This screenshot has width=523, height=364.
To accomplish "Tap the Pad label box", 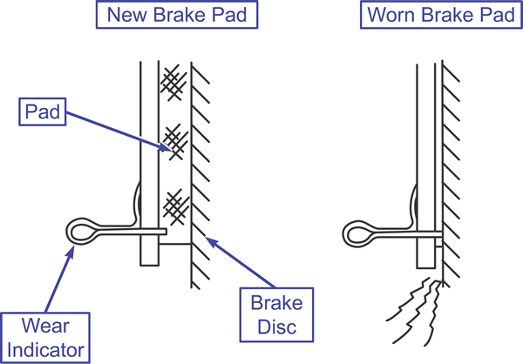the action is coord(43,111).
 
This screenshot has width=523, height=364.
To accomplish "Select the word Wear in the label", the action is coord(45,326).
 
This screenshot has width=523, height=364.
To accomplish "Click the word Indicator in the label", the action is coord(45,350).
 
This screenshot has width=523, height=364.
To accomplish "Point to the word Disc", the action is coord(277,327).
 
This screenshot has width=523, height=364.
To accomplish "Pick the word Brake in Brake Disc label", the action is coord(277,303).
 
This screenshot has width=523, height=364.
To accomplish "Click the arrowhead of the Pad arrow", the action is coord(165,147).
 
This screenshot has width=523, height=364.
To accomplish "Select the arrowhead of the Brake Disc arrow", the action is coord(211,241).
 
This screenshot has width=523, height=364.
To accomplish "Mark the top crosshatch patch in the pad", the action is coord(173,83).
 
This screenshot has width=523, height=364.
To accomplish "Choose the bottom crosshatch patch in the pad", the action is coord(176,206).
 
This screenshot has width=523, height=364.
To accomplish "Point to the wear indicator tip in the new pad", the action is coord(166,232).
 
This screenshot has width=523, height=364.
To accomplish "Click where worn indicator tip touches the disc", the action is coord(442,234).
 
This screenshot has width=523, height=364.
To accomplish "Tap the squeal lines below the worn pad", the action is coord(415,312).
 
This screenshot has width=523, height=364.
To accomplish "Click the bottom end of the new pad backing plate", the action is coord(149,266).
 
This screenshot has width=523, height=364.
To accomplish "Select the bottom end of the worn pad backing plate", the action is coord(426,267).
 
